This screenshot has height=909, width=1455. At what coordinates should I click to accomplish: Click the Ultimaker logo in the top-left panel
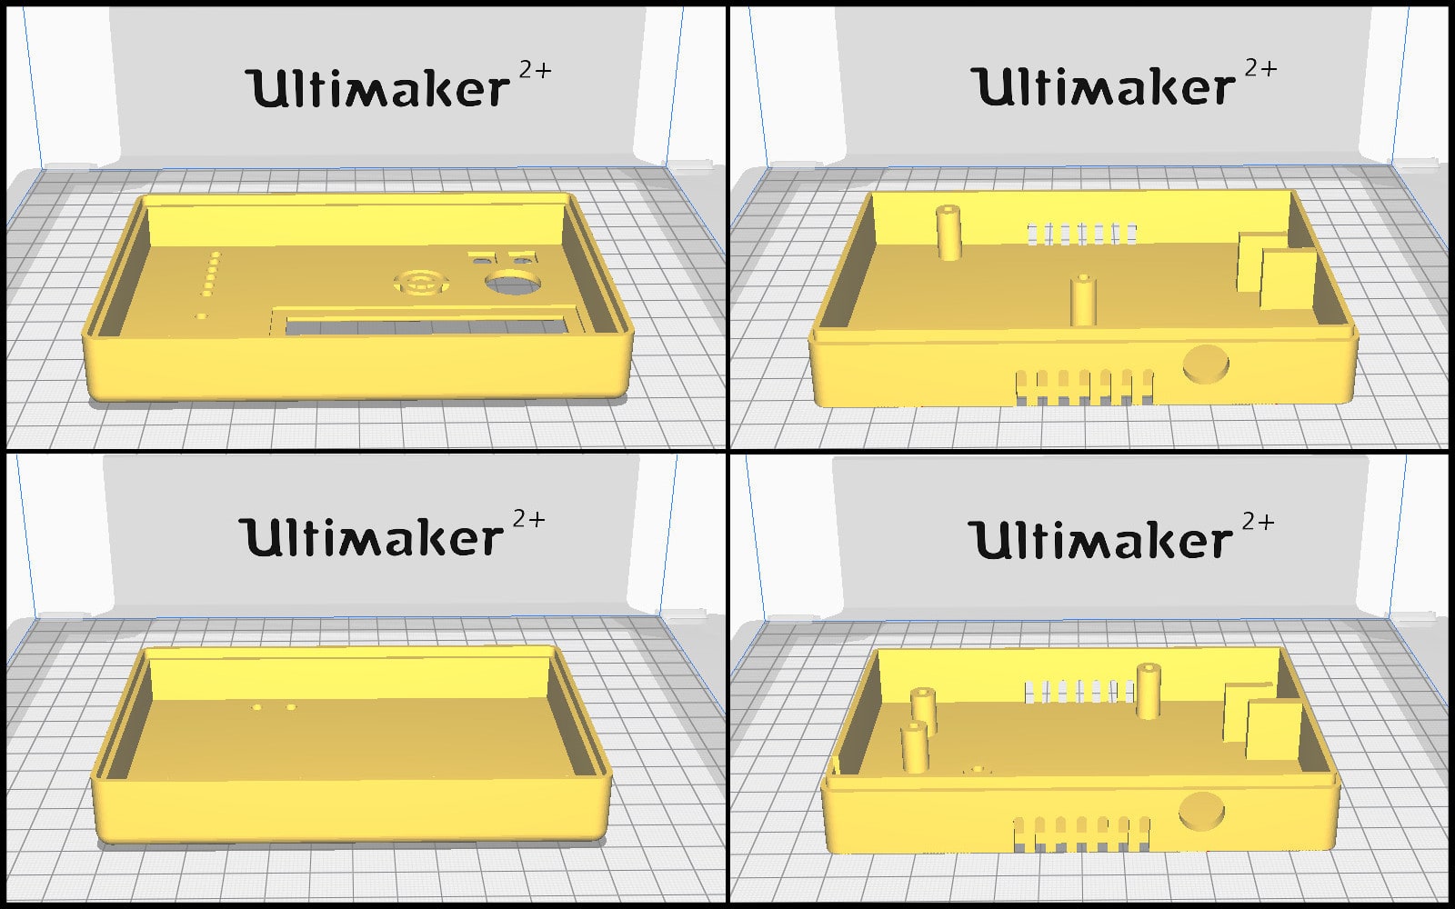(398, 85)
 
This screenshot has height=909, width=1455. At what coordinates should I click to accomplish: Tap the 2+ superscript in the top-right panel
(1260, 68)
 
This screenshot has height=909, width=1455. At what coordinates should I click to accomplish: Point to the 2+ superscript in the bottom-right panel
(1259, 522)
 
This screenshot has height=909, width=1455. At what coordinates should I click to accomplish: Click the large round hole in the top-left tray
(513, 284)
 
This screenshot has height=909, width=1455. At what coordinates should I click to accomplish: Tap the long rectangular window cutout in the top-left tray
(426, 325)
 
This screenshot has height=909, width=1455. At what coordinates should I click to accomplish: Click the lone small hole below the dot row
(201, 316)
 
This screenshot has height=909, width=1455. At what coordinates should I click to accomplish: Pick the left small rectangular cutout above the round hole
(481, 261)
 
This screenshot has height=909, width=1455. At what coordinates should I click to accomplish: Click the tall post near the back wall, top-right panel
(948, 233)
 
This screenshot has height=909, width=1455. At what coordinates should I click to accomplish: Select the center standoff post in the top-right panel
(1083, 301)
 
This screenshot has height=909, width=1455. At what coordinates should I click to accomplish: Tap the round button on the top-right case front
(1206, 364)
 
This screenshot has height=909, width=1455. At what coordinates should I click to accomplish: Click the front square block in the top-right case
(1288, 280)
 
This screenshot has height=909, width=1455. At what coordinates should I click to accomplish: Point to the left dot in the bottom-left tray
(257, 706)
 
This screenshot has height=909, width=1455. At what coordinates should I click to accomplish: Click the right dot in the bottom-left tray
(291, 706)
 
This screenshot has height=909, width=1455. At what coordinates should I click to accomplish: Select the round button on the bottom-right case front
(1201, 811)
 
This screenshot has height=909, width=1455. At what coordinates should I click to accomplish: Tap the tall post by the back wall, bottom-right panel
(1148, 691)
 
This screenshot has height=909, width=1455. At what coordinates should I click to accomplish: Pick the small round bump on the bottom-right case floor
(978, 770)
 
